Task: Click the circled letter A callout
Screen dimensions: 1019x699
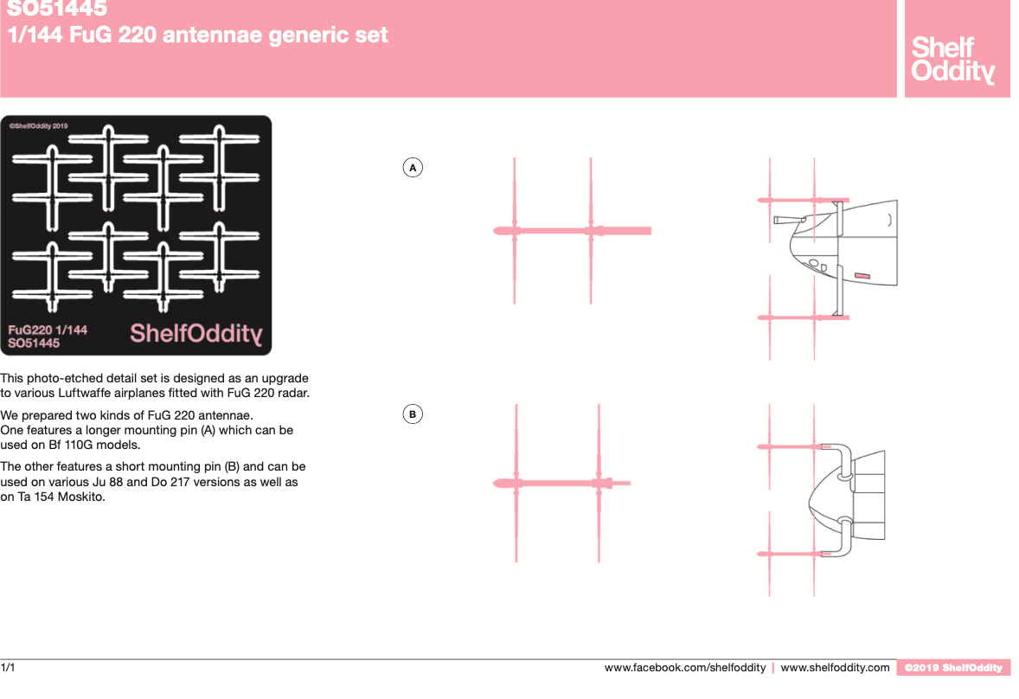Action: [x=413, y=168]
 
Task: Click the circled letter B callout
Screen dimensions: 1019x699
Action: [x=413, y=414]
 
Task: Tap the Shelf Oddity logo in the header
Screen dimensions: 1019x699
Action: [x=952, y=59]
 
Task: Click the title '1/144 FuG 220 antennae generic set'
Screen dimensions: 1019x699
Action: [x=197, y=35]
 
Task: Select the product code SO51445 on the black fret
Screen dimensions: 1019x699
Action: [x=34, y=343]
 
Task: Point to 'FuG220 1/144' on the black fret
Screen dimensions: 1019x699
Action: [x=48, y=330]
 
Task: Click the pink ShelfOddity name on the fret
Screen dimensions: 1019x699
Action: [x=196, y=333]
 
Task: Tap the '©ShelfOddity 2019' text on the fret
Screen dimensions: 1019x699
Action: [x=38, y=126]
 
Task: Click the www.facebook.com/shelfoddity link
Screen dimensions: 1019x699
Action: [x=685, y=668]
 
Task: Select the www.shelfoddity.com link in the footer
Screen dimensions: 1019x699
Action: [x=835, y=668]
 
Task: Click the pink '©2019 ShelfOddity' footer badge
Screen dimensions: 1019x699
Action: [x=953, y=668]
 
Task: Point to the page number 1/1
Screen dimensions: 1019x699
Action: [x=8, y=668]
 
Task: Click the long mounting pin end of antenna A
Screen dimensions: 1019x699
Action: [x=650, y=231]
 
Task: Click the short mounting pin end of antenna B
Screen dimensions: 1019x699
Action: [x=628, y=483]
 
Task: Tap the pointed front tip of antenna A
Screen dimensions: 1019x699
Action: [x=494, y=231]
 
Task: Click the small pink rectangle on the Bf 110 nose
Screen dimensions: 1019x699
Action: [x=862, y=276]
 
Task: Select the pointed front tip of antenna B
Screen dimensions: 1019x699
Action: [x=494, y=483]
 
